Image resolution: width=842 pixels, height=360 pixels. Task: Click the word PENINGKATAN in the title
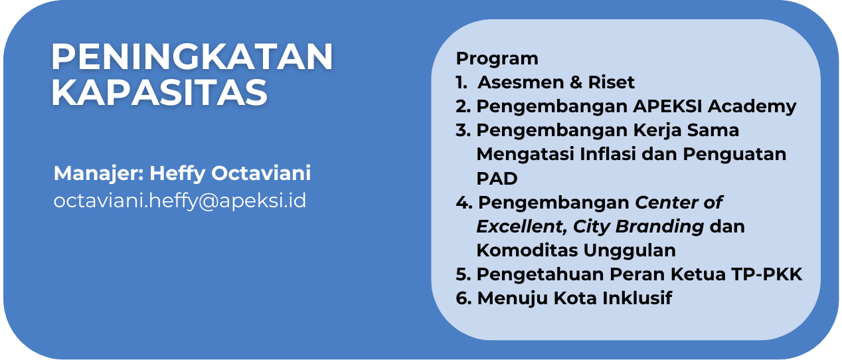(192, 56)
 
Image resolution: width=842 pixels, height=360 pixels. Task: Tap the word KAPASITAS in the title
(159, 92)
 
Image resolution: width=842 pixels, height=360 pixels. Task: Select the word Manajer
(99, 174)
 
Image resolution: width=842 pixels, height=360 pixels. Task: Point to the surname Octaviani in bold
(261, 173)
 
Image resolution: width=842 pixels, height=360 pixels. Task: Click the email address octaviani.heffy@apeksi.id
(180, 201)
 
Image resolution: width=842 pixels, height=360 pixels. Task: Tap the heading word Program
(497, 59)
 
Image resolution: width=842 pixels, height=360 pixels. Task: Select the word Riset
(611, 82)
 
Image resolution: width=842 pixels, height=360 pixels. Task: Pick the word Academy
(752, 107)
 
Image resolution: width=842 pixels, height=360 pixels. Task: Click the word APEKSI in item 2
(667, 106)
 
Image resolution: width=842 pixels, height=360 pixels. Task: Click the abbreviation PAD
(497, 178)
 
